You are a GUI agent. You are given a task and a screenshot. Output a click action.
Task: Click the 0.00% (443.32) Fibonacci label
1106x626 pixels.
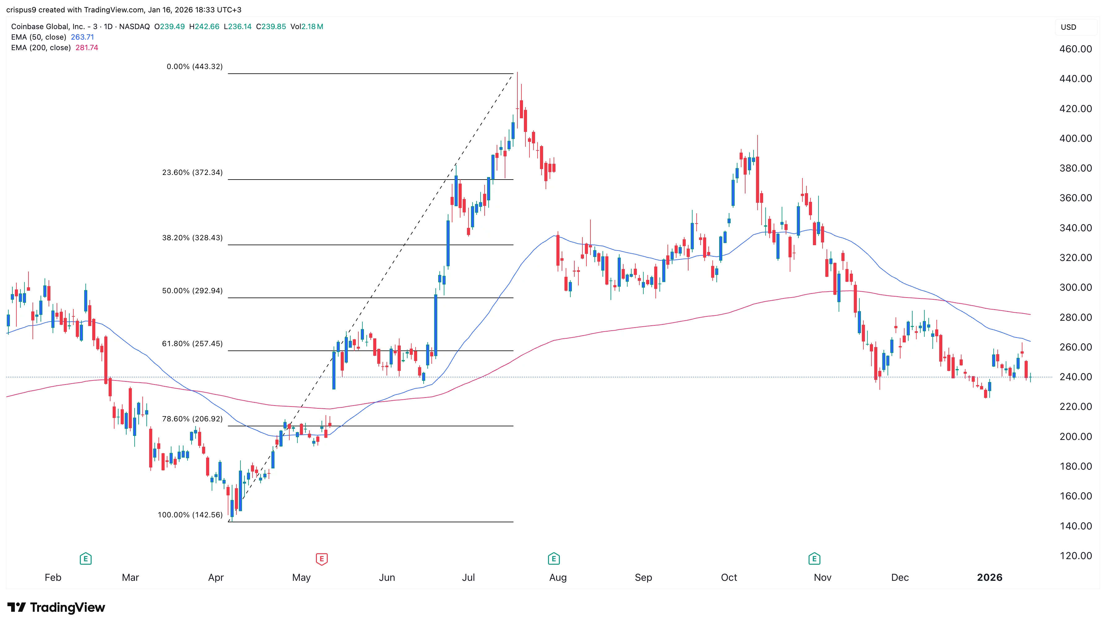tap(195, 67)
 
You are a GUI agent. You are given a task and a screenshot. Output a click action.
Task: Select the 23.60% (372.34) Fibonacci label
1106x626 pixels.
tap(192, 172)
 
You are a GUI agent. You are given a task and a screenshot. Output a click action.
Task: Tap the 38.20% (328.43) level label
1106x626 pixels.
tap(192, 238)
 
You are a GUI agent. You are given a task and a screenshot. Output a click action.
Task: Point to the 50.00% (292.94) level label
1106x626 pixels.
tap(192, 291)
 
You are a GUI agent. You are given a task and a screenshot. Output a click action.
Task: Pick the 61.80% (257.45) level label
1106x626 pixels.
tap(192, 344)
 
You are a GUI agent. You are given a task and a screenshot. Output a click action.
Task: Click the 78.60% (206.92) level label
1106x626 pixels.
tap(192, 419)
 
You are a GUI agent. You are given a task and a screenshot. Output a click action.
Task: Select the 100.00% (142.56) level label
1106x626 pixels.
tap(190, 515)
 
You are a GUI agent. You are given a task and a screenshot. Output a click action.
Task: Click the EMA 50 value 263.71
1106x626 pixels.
tap(82, 37)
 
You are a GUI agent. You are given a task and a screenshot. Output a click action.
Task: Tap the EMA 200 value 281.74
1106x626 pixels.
tap(87, 48)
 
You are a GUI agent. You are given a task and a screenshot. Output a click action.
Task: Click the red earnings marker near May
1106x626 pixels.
tap(322, 559)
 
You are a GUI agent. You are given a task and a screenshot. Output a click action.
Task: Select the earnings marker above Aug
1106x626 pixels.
tap(553, 559)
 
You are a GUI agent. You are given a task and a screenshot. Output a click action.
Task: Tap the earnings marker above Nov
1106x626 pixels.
tap(814, 559)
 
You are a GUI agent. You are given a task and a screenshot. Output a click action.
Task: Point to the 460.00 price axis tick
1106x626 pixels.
tap(1075, 49)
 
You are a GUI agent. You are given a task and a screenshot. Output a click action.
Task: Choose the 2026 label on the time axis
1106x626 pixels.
tap(989, 577)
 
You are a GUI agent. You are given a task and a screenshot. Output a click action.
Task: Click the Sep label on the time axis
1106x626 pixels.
tap(643, 577)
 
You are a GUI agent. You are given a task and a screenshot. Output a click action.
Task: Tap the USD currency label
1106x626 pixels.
tap(1068, 27)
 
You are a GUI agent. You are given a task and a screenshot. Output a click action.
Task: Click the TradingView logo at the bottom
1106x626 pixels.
tap(56, 607)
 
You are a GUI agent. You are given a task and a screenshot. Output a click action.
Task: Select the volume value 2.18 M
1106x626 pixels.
tap(312, 27)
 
